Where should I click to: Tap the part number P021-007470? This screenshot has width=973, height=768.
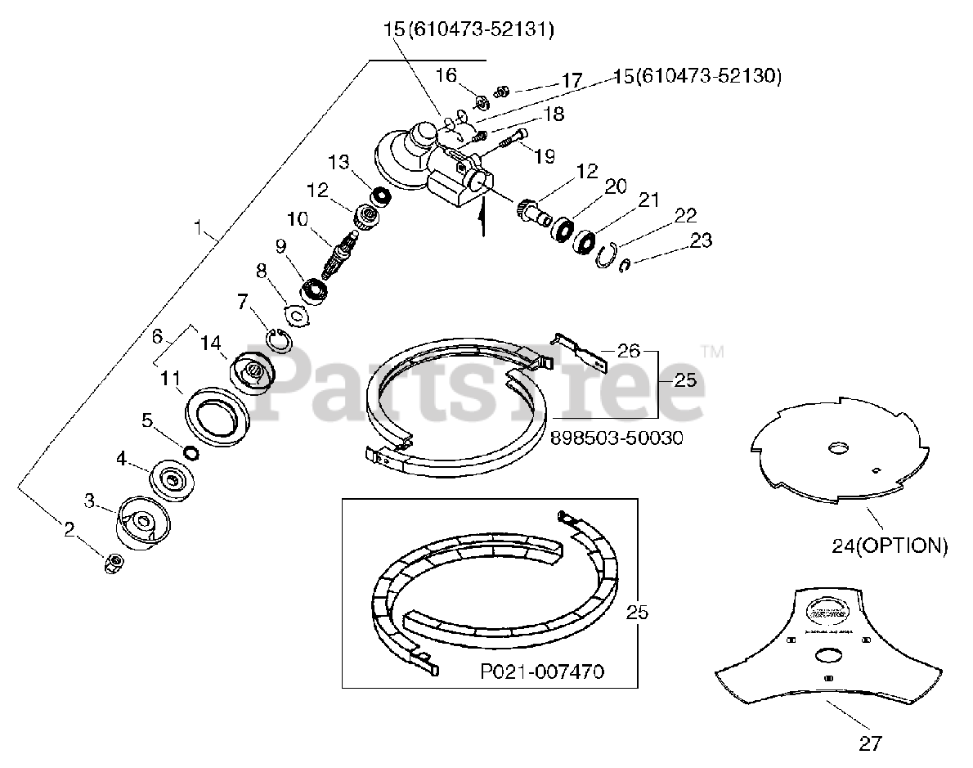click(x=542, y=671)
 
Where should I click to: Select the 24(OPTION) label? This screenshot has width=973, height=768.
click(x=890, y=546)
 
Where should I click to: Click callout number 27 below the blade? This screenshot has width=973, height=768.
click(x=872, y=743)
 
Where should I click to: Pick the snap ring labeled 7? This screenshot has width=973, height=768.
click(x=279, y=338)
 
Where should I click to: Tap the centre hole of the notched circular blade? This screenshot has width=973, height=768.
click(x=838, y=448)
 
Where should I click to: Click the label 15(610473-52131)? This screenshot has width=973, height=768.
click(x=469, y=30)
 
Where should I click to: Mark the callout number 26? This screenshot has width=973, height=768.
click(x=629, y=351)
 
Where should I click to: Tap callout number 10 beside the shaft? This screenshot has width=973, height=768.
click(x=298, y=220)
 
